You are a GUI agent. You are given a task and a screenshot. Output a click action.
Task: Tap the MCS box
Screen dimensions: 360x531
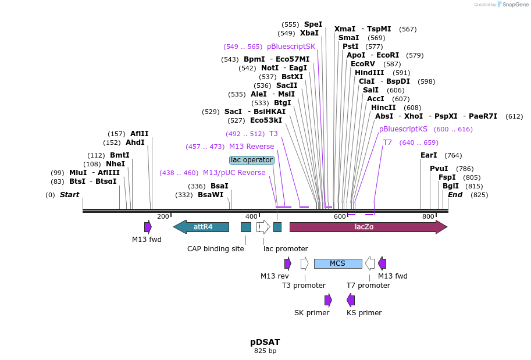point(337,263)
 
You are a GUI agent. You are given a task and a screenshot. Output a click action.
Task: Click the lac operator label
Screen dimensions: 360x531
point(251,160)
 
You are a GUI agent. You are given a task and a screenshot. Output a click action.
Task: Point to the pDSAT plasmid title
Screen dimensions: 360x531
point(265,342)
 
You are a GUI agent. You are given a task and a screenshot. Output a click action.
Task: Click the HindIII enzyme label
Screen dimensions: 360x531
point(374,73)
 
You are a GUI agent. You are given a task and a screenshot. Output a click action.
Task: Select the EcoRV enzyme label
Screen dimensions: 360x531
point(363,64)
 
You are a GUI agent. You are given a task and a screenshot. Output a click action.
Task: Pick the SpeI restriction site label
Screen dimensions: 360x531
point(313,24)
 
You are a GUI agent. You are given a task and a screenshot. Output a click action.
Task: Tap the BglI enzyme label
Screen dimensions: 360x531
point(451,186)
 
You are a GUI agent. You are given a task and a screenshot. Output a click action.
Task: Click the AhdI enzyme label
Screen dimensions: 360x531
point(135,142)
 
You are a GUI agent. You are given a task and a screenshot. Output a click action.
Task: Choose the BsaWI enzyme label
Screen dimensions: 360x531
point(211,195)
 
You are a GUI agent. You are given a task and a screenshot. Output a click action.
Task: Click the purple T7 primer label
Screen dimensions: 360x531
point(387,142)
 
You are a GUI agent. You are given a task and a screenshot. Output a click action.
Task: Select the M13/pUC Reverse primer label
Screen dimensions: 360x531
point(234,173)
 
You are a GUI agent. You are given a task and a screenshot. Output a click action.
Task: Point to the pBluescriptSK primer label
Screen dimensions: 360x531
point(291,47)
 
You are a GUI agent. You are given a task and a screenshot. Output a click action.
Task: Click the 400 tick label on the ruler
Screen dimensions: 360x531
point(251,216)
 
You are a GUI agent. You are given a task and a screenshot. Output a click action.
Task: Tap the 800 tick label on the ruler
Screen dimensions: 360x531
point(428,216)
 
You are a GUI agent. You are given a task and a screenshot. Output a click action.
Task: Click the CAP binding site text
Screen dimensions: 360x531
point(215,249)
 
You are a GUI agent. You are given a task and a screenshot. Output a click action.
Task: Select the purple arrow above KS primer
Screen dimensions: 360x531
point(351,300)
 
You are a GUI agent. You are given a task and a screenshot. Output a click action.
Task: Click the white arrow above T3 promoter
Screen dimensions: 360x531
point(304,263)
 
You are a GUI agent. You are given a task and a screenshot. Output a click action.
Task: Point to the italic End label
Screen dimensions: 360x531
point(455,195)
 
